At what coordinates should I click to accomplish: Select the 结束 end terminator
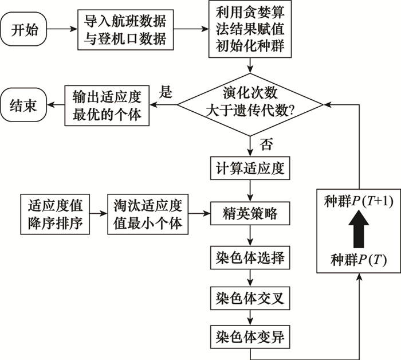25,104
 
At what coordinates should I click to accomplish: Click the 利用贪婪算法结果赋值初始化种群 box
249,29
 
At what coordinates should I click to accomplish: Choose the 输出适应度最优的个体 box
106,104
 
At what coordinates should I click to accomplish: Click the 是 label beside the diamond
165,92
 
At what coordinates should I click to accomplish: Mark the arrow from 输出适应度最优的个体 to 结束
55,104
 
